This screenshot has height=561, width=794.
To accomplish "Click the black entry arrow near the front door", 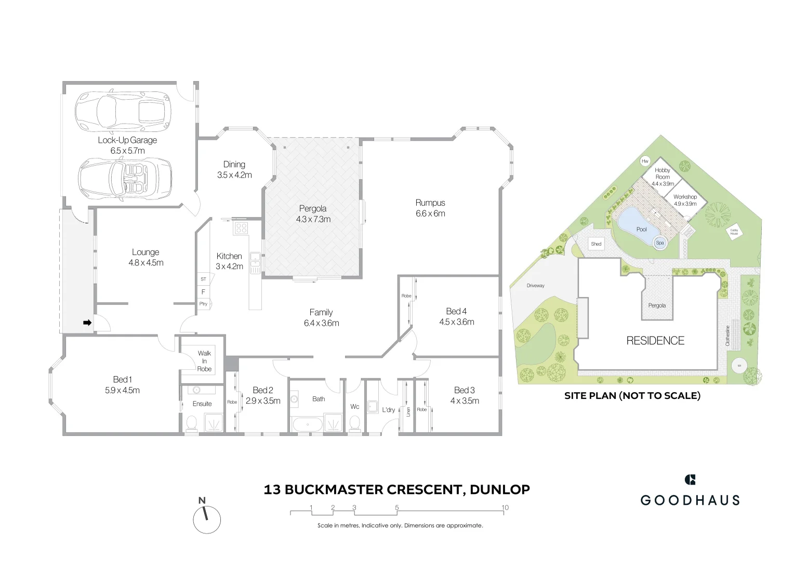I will tap(87, 323).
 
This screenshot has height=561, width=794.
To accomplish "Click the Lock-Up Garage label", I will tap(127, 140).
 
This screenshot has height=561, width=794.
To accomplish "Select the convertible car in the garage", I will tap(125, 178).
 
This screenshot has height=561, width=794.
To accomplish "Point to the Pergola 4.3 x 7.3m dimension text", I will tap(313, 219).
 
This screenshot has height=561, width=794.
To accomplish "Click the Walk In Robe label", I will tap(204, 360).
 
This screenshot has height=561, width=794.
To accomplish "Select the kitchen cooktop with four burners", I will tap(241, 228).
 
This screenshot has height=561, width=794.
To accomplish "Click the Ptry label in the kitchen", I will tap(203, 304).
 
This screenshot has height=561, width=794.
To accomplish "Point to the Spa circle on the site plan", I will tap(660, 243).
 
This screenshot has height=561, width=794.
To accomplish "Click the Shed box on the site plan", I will tap(596, 244).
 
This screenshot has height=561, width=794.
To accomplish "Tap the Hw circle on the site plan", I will tap(645, 161).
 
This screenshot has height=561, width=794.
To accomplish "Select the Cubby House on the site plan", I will tap(734, 232).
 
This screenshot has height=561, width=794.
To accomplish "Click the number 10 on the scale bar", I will tap(505, 507).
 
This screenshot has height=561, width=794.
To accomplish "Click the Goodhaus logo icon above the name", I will tap(690, 479).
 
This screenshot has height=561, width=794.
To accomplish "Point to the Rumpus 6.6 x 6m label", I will tap(430, 208).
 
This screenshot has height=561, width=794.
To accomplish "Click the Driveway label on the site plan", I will tap(535, 286).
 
